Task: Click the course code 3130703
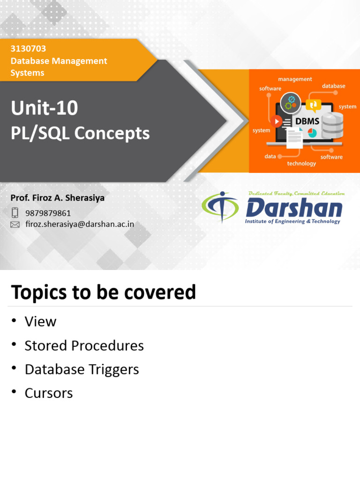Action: pos(28,49)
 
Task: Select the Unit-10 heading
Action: pos(45,109)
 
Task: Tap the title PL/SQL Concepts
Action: pos(80,134)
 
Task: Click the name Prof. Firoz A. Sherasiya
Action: pos(58,198)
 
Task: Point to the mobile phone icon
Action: pos(15,213)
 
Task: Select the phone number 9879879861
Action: pos(48,213)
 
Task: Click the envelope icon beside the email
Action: pos(15,225)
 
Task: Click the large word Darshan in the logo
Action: pos(294,208)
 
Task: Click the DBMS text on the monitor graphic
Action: pos(307,121)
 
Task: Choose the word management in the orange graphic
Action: pos(295,79)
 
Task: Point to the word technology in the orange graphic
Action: pos(301,164)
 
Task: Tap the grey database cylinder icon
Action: pos(332,125)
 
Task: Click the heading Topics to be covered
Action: pos(103,292)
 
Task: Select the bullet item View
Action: pos(40,322)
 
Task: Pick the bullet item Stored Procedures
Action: pos(84,346)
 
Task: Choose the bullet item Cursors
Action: pos(49,393)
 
